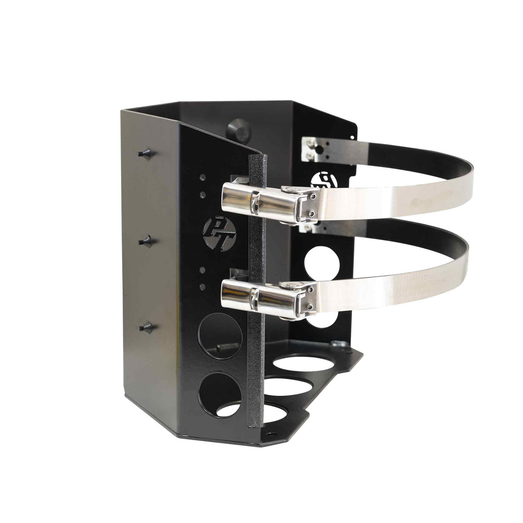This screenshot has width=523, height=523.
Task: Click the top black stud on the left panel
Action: [146, 153]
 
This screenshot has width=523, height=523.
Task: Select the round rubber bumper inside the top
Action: [239, 130]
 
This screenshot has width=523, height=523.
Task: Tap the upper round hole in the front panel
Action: [220, 336]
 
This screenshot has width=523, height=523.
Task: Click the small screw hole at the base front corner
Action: [270, 435]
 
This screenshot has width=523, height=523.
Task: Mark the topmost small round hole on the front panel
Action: [203, 177]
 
